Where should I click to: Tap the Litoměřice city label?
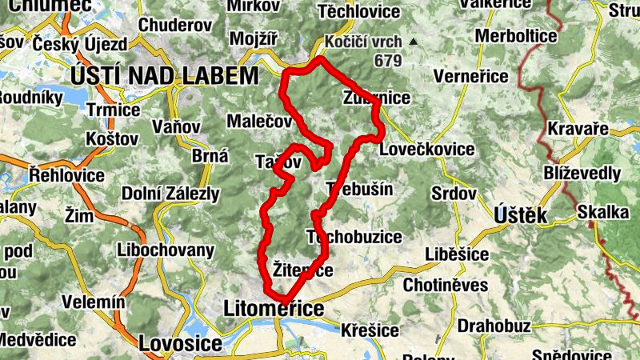tap(274, 309)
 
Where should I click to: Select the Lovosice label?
tap(180, 343)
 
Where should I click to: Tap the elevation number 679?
tap(386, 59)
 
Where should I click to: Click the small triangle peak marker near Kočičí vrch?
tap(413, 41)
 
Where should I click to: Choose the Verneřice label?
tap(470, 77)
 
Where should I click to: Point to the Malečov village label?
tap(259, 122)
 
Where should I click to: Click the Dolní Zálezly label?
tap(171, 193)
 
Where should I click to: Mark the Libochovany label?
tap(166, 250)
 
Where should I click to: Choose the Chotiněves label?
tap(446, 285)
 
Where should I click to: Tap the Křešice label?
tap(370, 329)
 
